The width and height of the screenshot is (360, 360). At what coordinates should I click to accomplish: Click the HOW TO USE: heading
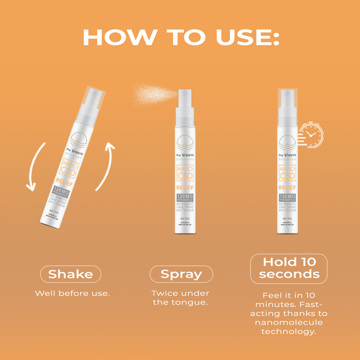click(x=180, y=37)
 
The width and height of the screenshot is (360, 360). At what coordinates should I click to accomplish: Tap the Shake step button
click(x=70, y=274)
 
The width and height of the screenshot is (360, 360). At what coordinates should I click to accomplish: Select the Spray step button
click(x=181, y=274)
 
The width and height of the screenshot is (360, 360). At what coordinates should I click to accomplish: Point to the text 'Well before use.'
click(x=73, y=293)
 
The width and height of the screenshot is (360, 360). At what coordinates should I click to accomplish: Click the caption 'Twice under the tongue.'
click(x=180, y=298)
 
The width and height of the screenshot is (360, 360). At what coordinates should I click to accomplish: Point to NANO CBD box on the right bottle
click(x=287, y=173)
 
